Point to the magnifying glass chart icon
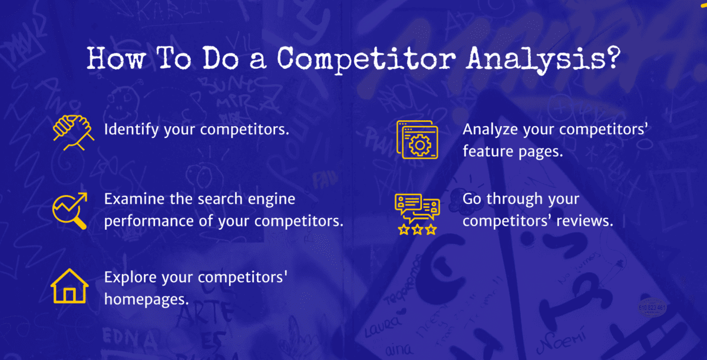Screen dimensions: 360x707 point(70,210)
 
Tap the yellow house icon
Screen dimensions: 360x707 point(70,286)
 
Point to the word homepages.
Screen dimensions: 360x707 point(147,299)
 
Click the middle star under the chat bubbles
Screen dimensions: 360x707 point(417,230)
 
